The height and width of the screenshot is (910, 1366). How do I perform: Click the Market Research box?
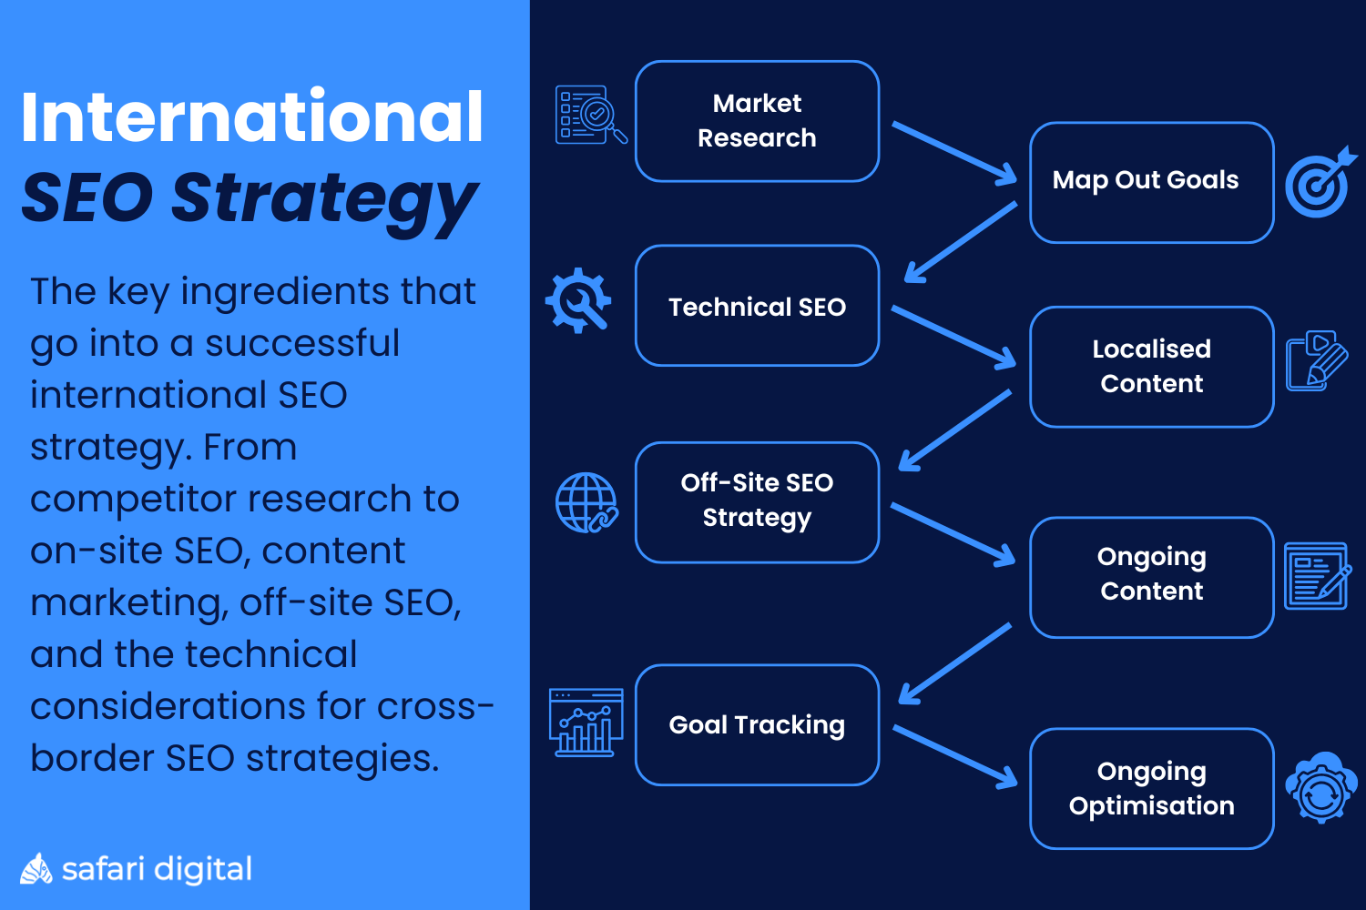(x=757, y=121)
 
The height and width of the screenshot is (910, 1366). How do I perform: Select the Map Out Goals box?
(x=1151, y=182)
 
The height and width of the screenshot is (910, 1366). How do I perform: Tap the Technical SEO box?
(x=757, y=306)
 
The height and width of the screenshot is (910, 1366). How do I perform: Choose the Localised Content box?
(x=1151, y=366)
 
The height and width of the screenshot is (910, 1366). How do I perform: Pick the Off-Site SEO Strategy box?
(x=757, y=501)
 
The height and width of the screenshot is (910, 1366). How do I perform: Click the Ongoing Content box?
(x=1151, y=576)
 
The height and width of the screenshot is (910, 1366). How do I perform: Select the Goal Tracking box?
(x=757, y=724)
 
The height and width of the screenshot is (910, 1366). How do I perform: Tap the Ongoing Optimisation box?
(x=1151, y=788)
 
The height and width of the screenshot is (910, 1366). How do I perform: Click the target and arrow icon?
(x=1319, y=183)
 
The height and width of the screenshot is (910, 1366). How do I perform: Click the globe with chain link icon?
(x=586, y=502)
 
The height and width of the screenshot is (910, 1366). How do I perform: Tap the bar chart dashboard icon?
(x=586, y=723)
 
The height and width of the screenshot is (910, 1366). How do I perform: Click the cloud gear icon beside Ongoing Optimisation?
(x=1320, y=787)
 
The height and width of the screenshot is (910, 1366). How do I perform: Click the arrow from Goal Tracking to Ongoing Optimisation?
(x=954, y=756)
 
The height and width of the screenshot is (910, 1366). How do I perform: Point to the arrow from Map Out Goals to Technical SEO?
(x=960, y=242)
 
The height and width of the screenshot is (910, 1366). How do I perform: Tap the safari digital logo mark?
(x=36, y=869)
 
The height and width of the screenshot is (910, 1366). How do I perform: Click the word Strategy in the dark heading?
(x=324, y=198)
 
